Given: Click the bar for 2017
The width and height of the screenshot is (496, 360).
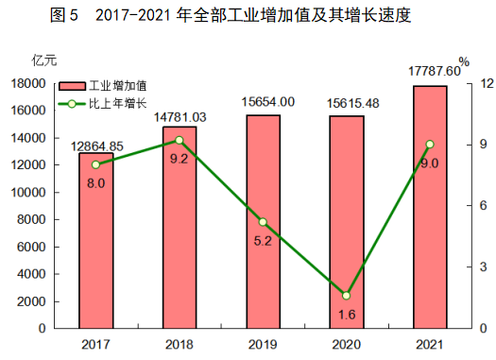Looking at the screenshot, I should coord(95,241).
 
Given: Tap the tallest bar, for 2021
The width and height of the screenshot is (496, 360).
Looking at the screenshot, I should coord(430,207).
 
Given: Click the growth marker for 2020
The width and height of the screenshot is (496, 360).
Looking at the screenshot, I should coord(347,296).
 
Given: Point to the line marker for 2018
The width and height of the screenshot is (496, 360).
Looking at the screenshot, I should coord(180,140).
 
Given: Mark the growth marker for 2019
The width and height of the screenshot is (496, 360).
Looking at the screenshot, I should coord(263,222).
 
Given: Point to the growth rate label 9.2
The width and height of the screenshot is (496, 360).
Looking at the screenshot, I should coord(180,159).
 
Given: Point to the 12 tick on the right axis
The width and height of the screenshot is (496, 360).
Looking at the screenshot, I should coord(461,83).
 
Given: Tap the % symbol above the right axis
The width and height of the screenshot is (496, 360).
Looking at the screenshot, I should coord(464,62).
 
